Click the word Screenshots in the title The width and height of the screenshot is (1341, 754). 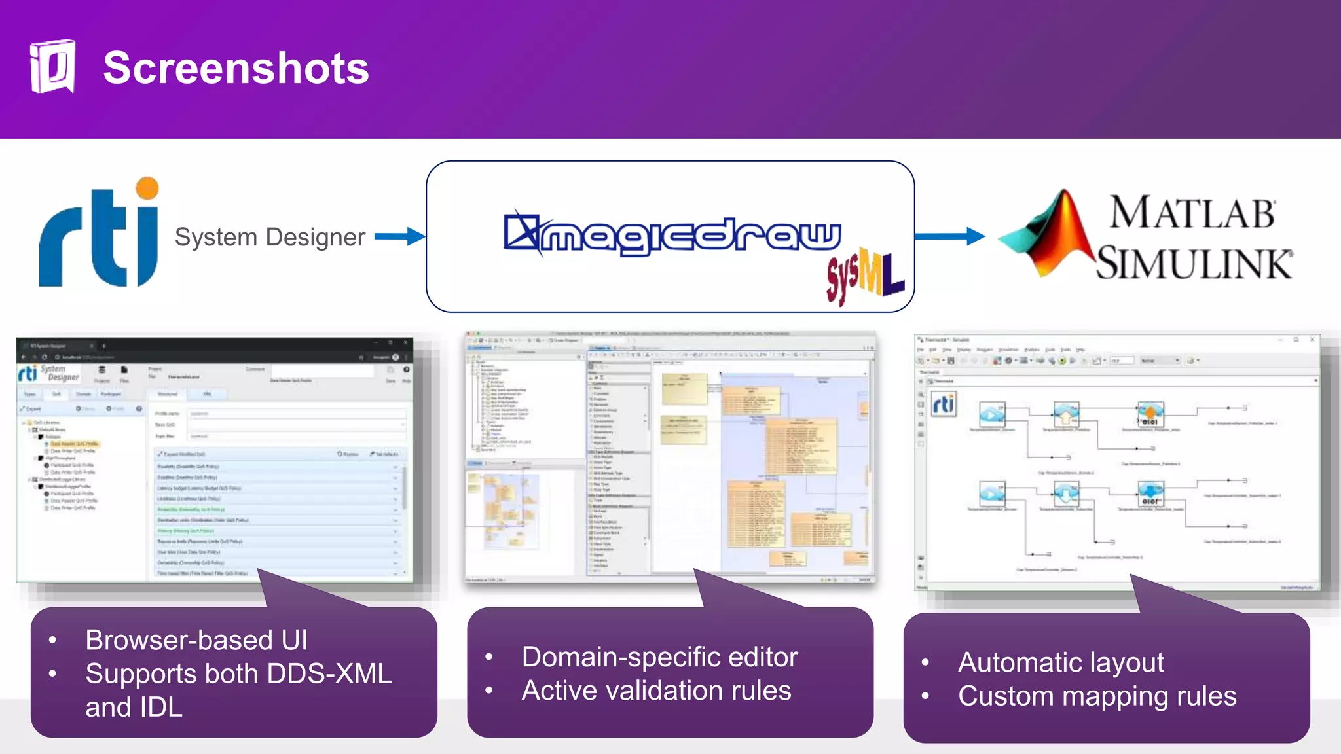pyautogui.click(x=236, y=68)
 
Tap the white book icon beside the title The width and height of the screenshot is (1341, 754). pyautogui.click(x=52, y=67)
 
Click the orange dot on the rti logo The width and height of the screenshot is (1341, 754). pyautogui.click(x=147, y=188)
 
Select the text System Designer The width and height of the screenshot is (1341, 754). pyautogui.click(x=270, y=237)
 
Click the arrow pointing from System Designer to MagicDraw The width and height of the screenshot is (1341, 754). pyautogui.click(x=399, y=236)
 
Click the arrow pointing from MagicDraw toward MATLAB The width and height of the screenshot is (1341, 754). pyautogui.click(x=949, y=236)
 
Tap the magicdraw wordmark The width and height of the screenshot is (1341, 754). pyautogui.click(x=673, y=234)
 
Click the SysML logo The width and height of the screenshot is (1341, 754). pyautogui.click(x=864, y=275)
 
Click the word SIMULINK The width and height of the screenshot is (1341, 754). pyautogui.click(x=1194, y=264)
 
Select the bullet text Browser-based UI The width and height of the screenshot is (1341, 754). pyautogui.click(x=196, y=640)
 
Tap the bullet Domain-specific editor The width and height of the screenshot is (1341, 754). pyautogui.click(x=659, y=657)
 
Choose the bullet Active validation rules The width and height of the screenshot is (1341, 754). pyautogui.click(x=656, y=691)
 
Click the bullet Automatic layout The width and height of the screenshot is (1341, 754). pyautogui.click(x=1061, y=662)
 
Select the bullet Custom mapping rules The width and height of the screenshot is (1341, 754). pyautogui.click(x=1097, y=696)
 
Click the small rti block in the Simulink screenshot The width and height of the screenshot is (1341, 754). pyautogui.click(x=944, y=404)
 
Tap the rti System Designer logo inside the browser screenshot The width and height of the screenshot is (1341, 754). pyautogui.click(x=49, y=374)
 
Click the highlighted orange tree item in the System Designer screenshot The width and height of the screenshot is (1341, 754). pyautogui.click(x=74, y=444)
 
